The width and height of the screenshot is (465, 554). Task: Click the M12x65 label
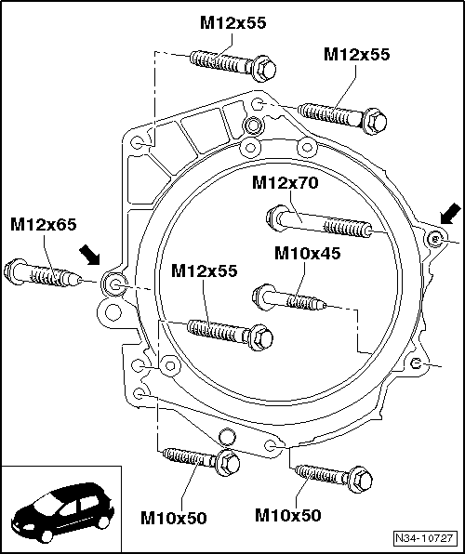tap(43, 225)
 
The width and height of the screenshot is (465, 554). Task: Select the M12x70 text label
tap(285, 183)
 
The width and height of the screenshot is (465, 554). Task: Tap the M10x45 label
tap(306, 253)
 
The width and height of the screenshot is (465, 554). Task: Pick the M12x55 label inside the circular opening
tap(204, 270)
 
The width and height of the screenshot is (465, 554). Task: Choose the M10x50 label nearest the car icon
tap(174, 517)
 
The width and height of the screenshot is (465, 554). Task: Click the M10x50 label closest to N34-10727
tap(287, 514)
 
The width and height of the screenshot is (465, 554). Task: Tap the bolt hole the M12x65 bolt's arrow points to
tap(114, 283)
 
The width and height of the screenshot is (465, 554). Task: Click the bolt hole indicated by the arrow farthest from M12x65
tap(432, 239)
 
